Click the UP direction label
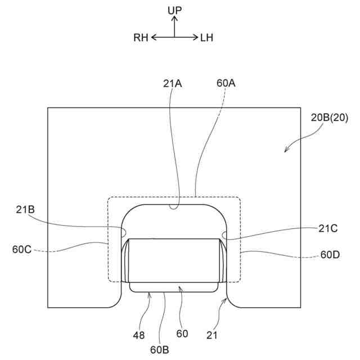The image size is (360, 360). pyautogui.click(x=174, y=10)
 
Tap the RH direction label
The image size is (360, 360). pyautogui.click(x=141, y=38)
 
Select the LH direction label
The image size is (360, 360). pyautogui.click(x=206, y=38)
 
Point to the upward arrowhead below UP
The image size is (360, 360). pyautogui.click(x=174, y=19)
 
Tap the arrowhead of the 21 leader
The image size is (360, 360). pyautogui.click(x=227, y=300)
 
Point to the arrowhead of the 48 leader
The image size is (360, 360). pyautogui.click(x=149, y=293)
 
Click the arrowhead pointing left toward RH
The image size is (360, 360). pyautogui.click(x=153, y=38)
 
